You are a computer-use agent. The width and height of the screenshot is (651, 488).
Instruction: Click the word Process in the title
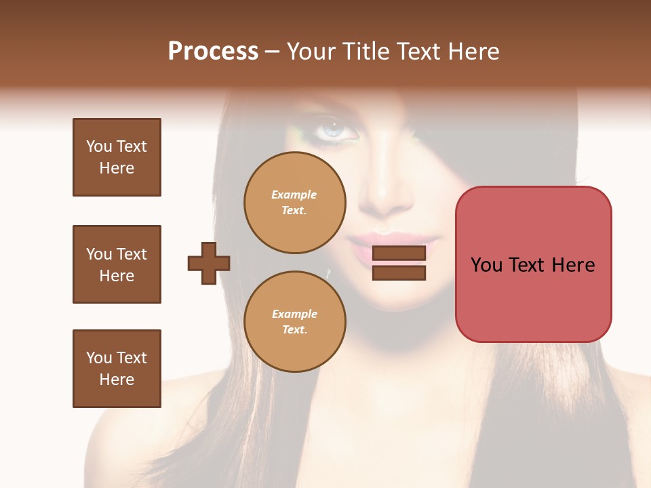tap(213, 52)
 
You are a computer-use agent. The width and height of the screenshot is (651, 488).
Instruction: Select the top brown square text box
tap(117, 157)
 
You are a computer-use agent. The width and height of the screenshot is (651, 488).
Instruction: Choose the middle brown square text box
tap(117, 264)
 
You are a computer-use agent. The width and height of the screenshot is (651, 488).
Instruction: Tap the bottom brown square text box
tap(117, 369)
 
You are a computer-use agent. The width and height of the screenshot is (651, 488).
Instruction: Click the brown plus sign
tap(209, 262)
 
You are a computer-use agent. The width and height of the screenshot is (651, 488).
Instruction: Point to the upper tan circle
tap(295, 203)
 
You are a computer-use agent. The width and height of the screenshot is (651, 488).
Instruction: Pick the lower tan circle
tap(295, 322)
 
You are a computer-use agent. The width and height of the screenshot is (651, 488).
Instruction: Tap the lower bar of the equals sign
tap(399, 272)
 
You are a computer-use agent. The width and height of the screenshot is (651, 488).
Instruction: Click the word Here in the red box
tap(573, 265)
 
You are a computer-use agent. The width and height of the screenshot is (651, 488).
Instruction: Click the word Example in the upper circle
tap(294, 195)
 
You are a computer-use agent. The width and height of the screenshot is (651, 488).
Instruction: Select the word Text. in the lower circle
tap(294, 330)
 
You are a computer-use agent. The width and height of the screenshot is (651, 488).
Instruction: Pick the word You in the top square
tap(99, 146)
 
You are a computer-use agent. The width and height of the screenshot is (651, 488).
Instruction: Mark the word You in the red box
tap(486, 265)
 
